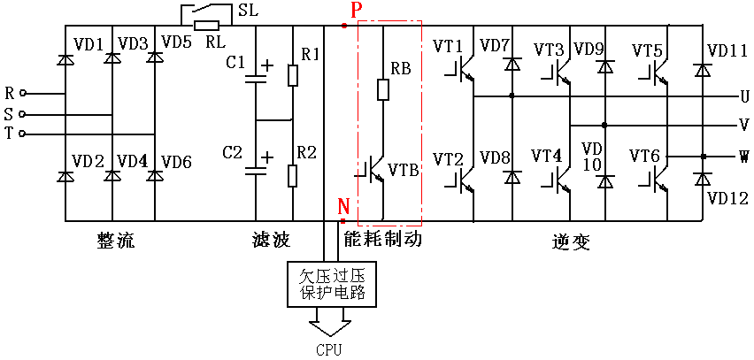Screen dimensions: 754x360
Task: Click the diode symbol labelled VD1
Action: pos(64,59)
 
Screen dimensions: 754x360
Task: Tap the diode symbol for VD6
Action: pos(154,176)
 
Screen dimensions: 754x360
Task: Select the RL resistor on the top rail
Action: pos(206,26)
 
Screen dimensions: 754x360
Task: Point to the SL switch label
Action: pos(248,10)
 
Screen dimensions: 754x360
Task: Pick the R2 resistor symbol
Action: pos(293,175)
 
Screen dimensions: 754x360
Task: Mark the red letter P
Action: pos(356,10)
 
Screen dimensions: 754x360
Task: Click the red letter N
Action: pos(342,207)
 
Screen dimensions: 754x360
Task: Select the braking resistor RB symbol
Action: pos(383,90)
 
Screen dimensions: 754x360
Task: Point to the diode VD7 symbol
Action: pos(512,64)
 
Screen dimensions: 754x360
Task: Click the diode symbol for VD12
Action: pos(703,180)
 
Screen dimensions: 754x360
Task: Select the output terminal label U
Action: pos(744,97)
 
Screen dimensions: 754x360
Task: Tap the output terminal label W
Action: pos(744,157)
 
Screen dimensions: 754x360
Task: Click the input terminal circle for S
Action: pos(21,115)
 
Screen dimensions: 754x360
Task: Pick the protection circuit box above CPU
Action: pos(331,284)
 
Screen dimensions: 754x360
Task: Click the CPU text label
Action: pos(329,350)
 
